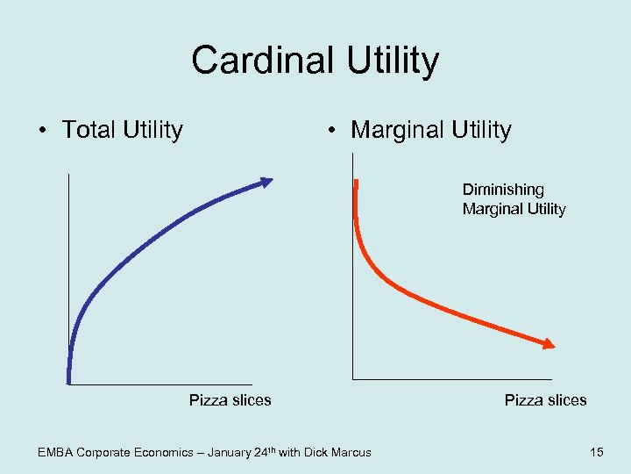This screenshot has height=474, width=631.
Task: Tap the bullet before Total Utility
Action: click(42, 131)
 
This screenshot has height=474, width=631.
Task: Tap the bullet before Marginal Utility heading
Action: click(330, 131)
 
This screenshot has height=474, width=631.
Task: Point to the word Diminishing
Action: click(503, 190)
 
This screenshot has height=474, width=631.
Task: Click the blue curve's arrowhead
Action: click(266, 181)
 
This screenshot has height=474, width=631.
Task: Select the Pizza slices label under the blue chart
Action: click(230, 400)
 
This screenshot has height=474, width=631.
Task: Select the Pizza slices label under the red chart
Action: click(545, 400)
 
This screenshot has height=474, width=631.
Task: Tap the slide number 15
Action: click(597, 452)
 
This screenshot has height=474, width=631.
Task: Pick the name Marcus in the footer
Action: click(350, 453)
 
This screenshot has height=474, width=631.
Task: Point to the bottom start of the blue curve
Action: click(68, 379)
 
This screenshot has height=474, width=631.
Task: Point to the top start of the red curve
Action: click(356, 183)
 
